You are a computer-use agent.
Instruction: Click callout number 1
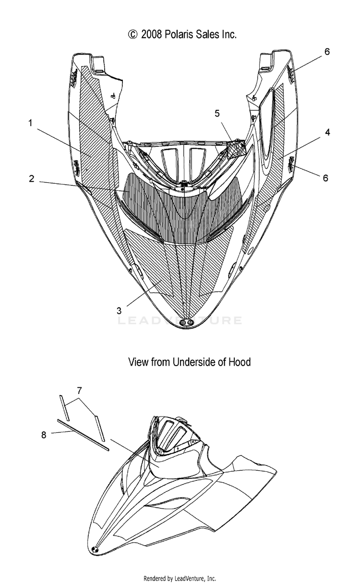point(30,123)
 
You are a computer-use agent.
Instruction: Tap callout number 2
point(32,178)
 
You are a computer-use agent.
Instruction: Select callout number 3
point(119,310)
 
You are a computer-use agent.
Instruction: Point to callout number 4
point(327,132)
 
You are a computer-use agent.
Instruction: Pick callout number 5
point(217,113)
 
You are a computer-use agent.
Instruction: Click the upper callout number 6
point(327,51)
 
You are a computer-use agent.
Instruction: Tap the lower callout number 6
point(325,178)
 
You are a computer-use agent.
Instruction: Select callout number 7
point(79,391)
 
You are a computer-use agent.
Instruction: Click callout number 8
point(44,435)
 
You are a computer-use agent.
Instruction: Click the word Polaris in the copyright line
point(179,35)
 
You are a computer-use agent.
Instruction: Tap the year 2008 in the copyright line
point(152,35)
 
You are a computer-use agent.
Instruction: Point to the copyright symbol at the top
point(133,35)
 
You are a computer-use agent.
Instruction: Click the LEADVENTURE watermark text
point(180,320)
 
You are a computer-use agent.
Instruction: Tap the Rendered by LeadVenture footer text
point(180,579)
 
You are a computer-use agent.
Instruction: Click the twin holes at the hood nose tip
point(187,322)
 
